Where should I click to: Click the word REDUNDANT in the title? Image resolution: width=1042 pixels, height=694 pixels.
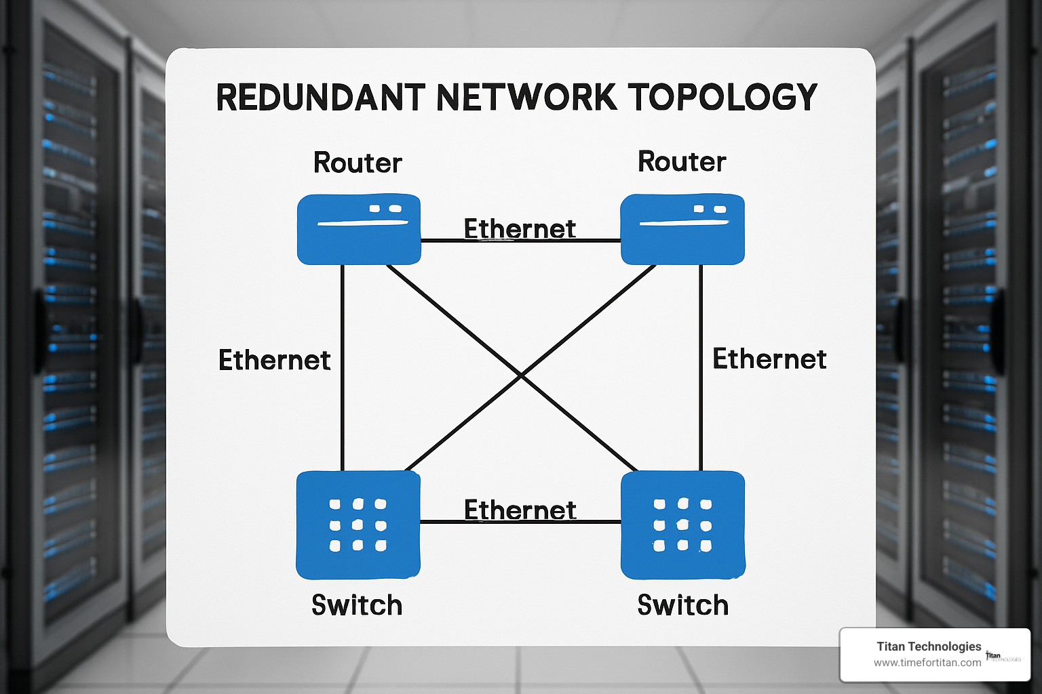coord(321,98)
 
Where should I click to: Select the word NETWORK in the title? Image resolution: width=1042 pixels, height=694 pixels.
coord(526,98)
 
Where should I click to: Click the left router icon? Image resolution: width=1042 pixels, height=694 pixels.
coord(359,229)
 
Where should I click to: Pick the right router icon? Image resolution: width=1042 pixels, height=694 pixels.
coord(682,229)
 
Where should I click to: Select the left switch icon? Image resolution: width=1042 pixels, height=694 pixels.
coord(358,525)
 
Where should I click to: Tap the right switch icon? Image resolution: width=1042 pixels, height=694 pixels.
coord(683,525)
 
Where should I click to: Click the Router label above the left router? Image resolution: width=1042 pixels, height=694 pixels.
coord(358,163)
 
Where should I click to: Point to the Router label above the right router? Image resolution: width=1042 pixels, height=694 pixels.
coord(682,162)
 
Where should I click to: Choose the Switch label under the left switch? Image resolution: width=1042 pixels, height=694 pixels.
coord(357,605)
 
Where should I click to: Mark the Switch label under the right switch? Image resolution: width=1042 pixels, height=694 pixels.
coord(683,605)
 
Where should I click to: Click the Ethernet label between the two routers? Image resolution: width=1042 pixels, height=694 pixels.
coord(520,229)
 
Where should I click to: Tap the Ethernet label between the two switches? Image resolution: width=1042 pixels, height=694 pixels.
coord(520,510)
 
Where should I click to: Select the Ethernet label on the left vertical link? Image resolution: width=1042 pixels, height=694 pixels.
coord(275,360)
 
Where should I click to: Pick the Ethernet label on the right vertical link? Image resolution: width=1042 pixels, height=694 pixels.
coord(769,359)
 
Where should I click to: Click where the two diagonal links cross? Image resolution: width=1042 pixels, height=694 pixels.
coord(520,373)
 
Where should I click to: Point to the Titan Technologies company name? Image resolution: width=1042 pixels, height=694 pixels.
coord(929,647)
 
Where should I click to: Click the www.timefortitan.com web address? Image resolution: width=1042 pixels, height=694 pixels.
coord(927,663)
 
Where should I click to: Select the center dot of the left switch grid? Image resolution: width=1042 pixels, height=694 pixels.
coord(358,525)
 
